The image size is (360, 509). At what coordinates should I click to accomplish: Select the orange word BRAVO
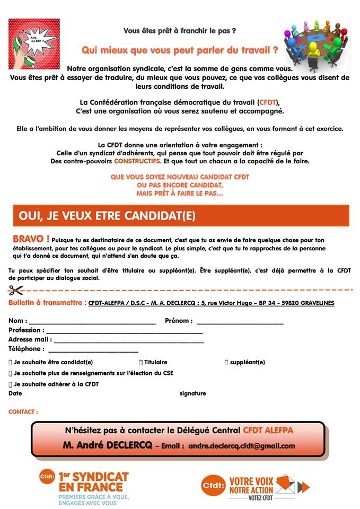31,239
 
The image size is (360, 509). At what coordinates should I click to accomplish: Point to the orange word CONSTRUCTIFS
137,161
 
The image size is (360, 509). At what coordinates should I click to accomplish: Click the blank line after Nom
92,322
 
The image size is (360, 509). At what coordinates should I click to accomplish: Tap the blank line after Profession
124,332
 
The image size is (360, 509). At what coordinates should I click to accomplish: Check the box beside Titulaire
141,363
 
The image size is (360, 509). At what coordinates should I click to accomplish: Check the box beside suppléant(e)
226,363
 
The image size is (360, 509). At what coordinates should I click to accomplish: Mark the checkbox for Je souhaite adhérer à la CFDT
11,384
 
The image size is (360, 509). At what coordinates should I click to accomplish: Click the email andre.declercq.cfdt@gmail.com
242,446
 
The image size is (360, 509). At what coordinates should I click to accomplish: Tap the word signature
192,393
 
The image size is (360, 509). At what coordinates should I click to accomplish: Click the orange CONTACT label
23,412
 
